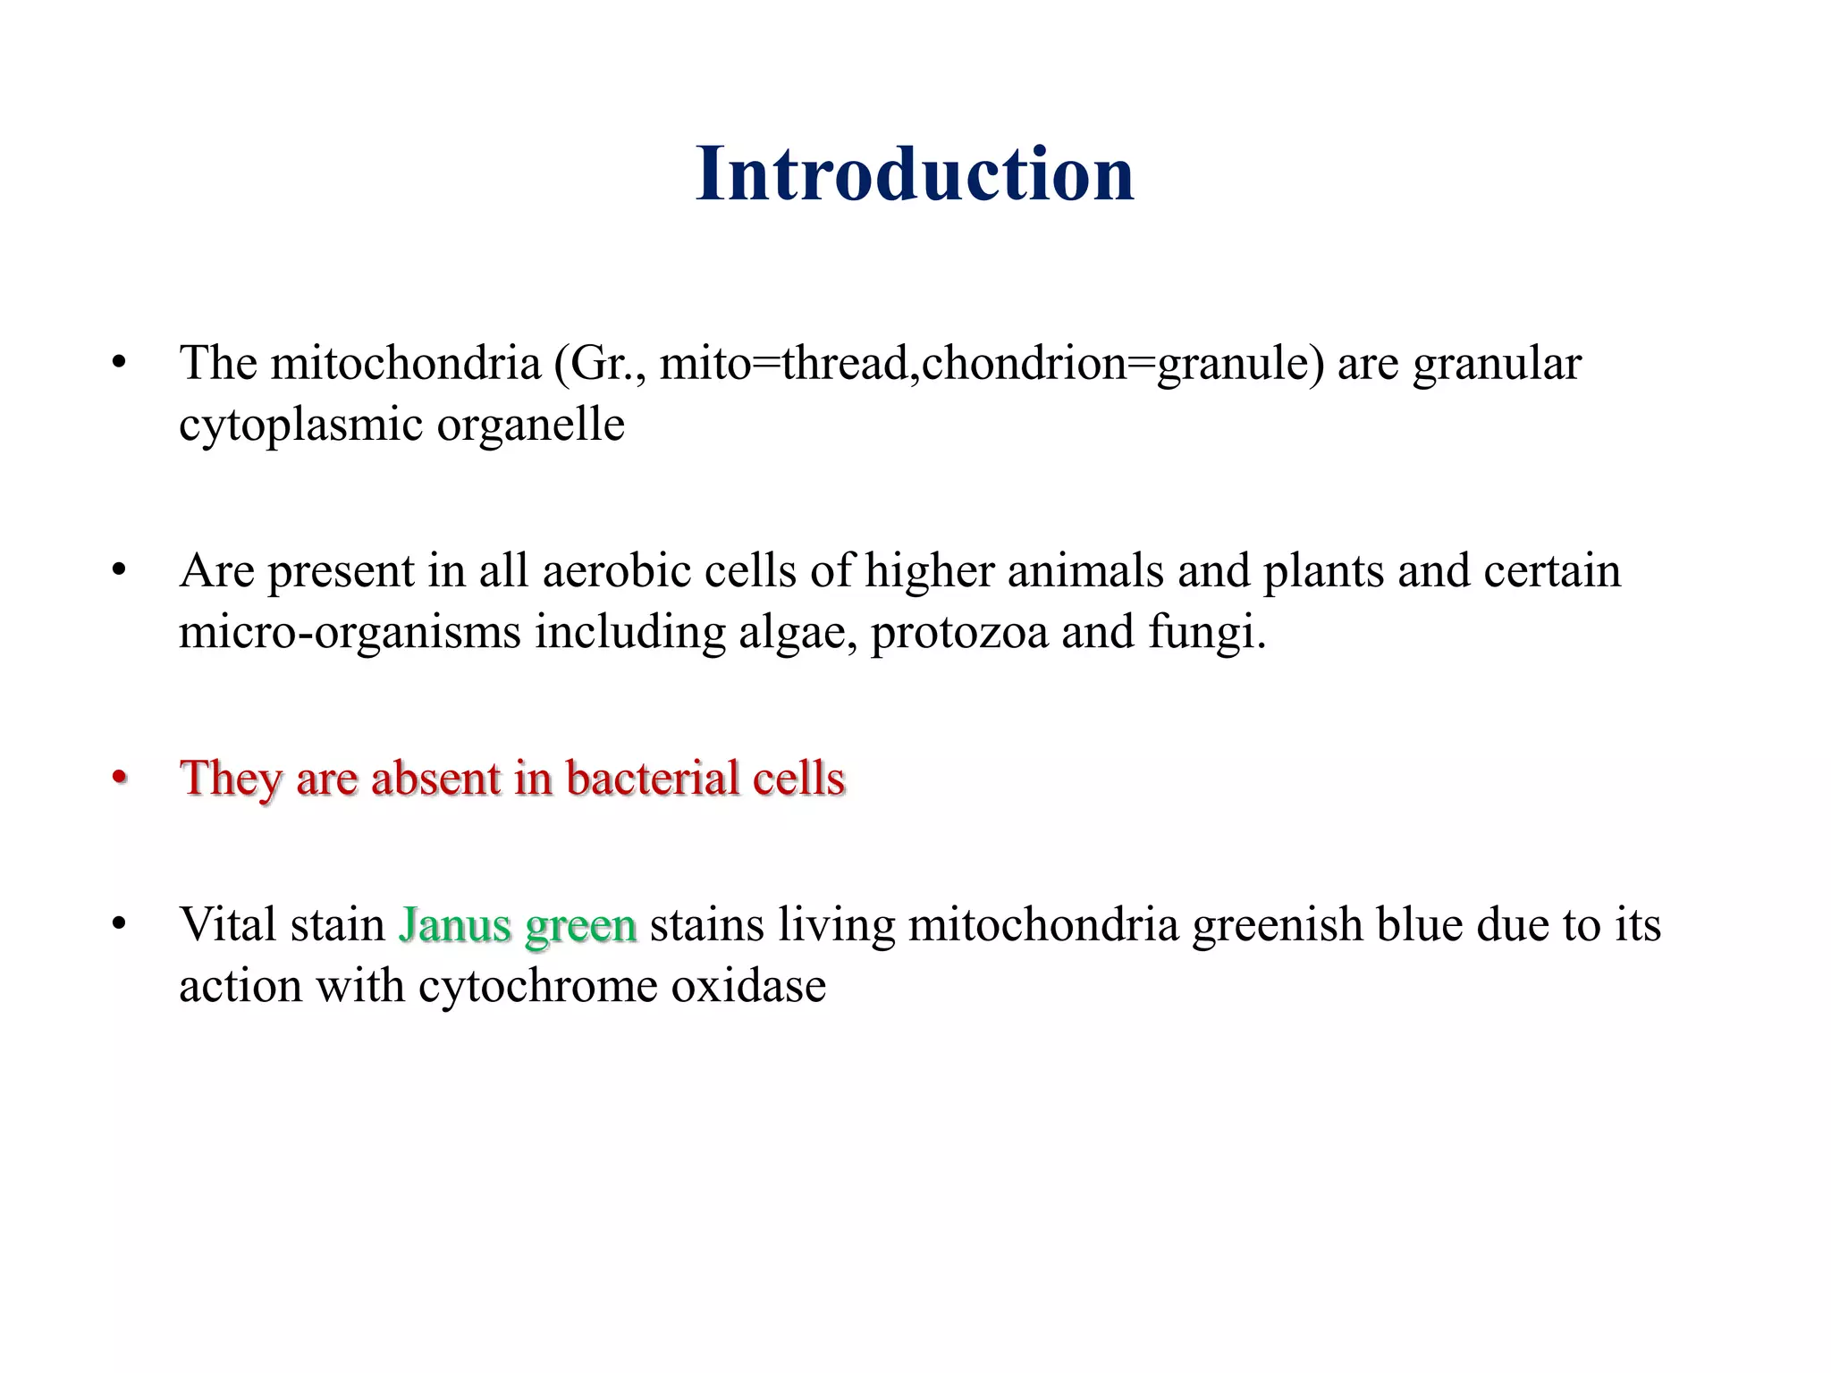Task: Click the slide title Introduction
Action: point(915,173)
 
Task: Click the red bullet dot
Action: point(119,778)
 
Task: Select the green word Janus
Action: point(455,925)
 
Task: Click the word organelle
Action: point(530,425)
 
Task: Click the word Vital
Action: point(227,924)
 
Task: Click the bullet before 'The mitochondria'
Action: point(119,364)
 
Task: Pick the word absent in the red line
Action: point(435,778)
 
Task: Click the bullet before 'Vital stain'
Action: point(119,925)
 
